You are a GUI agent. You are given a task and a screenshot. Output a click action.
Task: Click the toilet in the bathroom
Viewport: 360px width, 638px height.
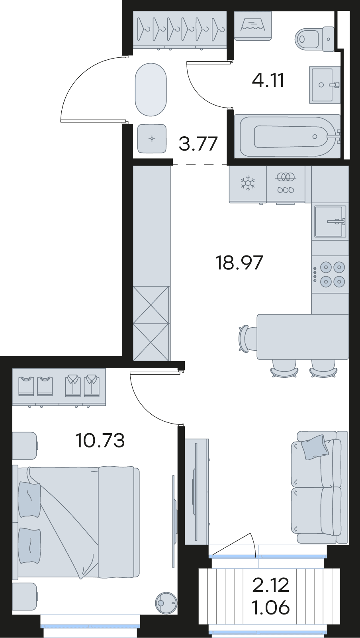[x=315, y=39]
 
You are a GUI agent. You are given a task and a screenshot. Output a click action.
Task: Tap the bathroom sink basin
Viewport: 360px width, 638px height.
[x=325, y=85]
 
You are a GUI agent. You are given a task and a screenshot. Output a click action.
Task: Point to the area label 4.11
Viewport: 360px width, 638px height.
[x=268, y=80]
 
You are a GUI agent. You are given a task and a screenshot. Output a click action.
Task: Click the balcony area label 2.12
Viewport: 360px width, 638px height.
[x=271, y=585]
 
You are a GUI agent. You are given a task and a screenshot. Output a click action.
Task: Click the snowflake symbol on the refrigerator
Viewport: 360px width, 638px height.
[x=248, y=183]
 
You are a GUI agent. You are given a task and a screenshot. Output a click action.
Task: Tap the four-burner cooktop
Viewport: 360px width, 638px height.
[x=330, y=274]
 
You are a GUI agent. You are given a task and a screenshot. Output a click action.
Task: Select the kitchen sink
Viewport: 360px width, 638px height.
[x=331, y=221]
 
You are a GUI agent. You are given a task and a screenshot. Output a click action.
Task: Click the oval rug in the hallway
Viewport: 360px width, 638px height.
[x=151, y=89]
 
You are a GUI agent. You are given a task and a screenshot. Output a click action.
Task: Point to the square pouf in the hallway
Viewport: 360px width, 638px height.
[x=152, y=138]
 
